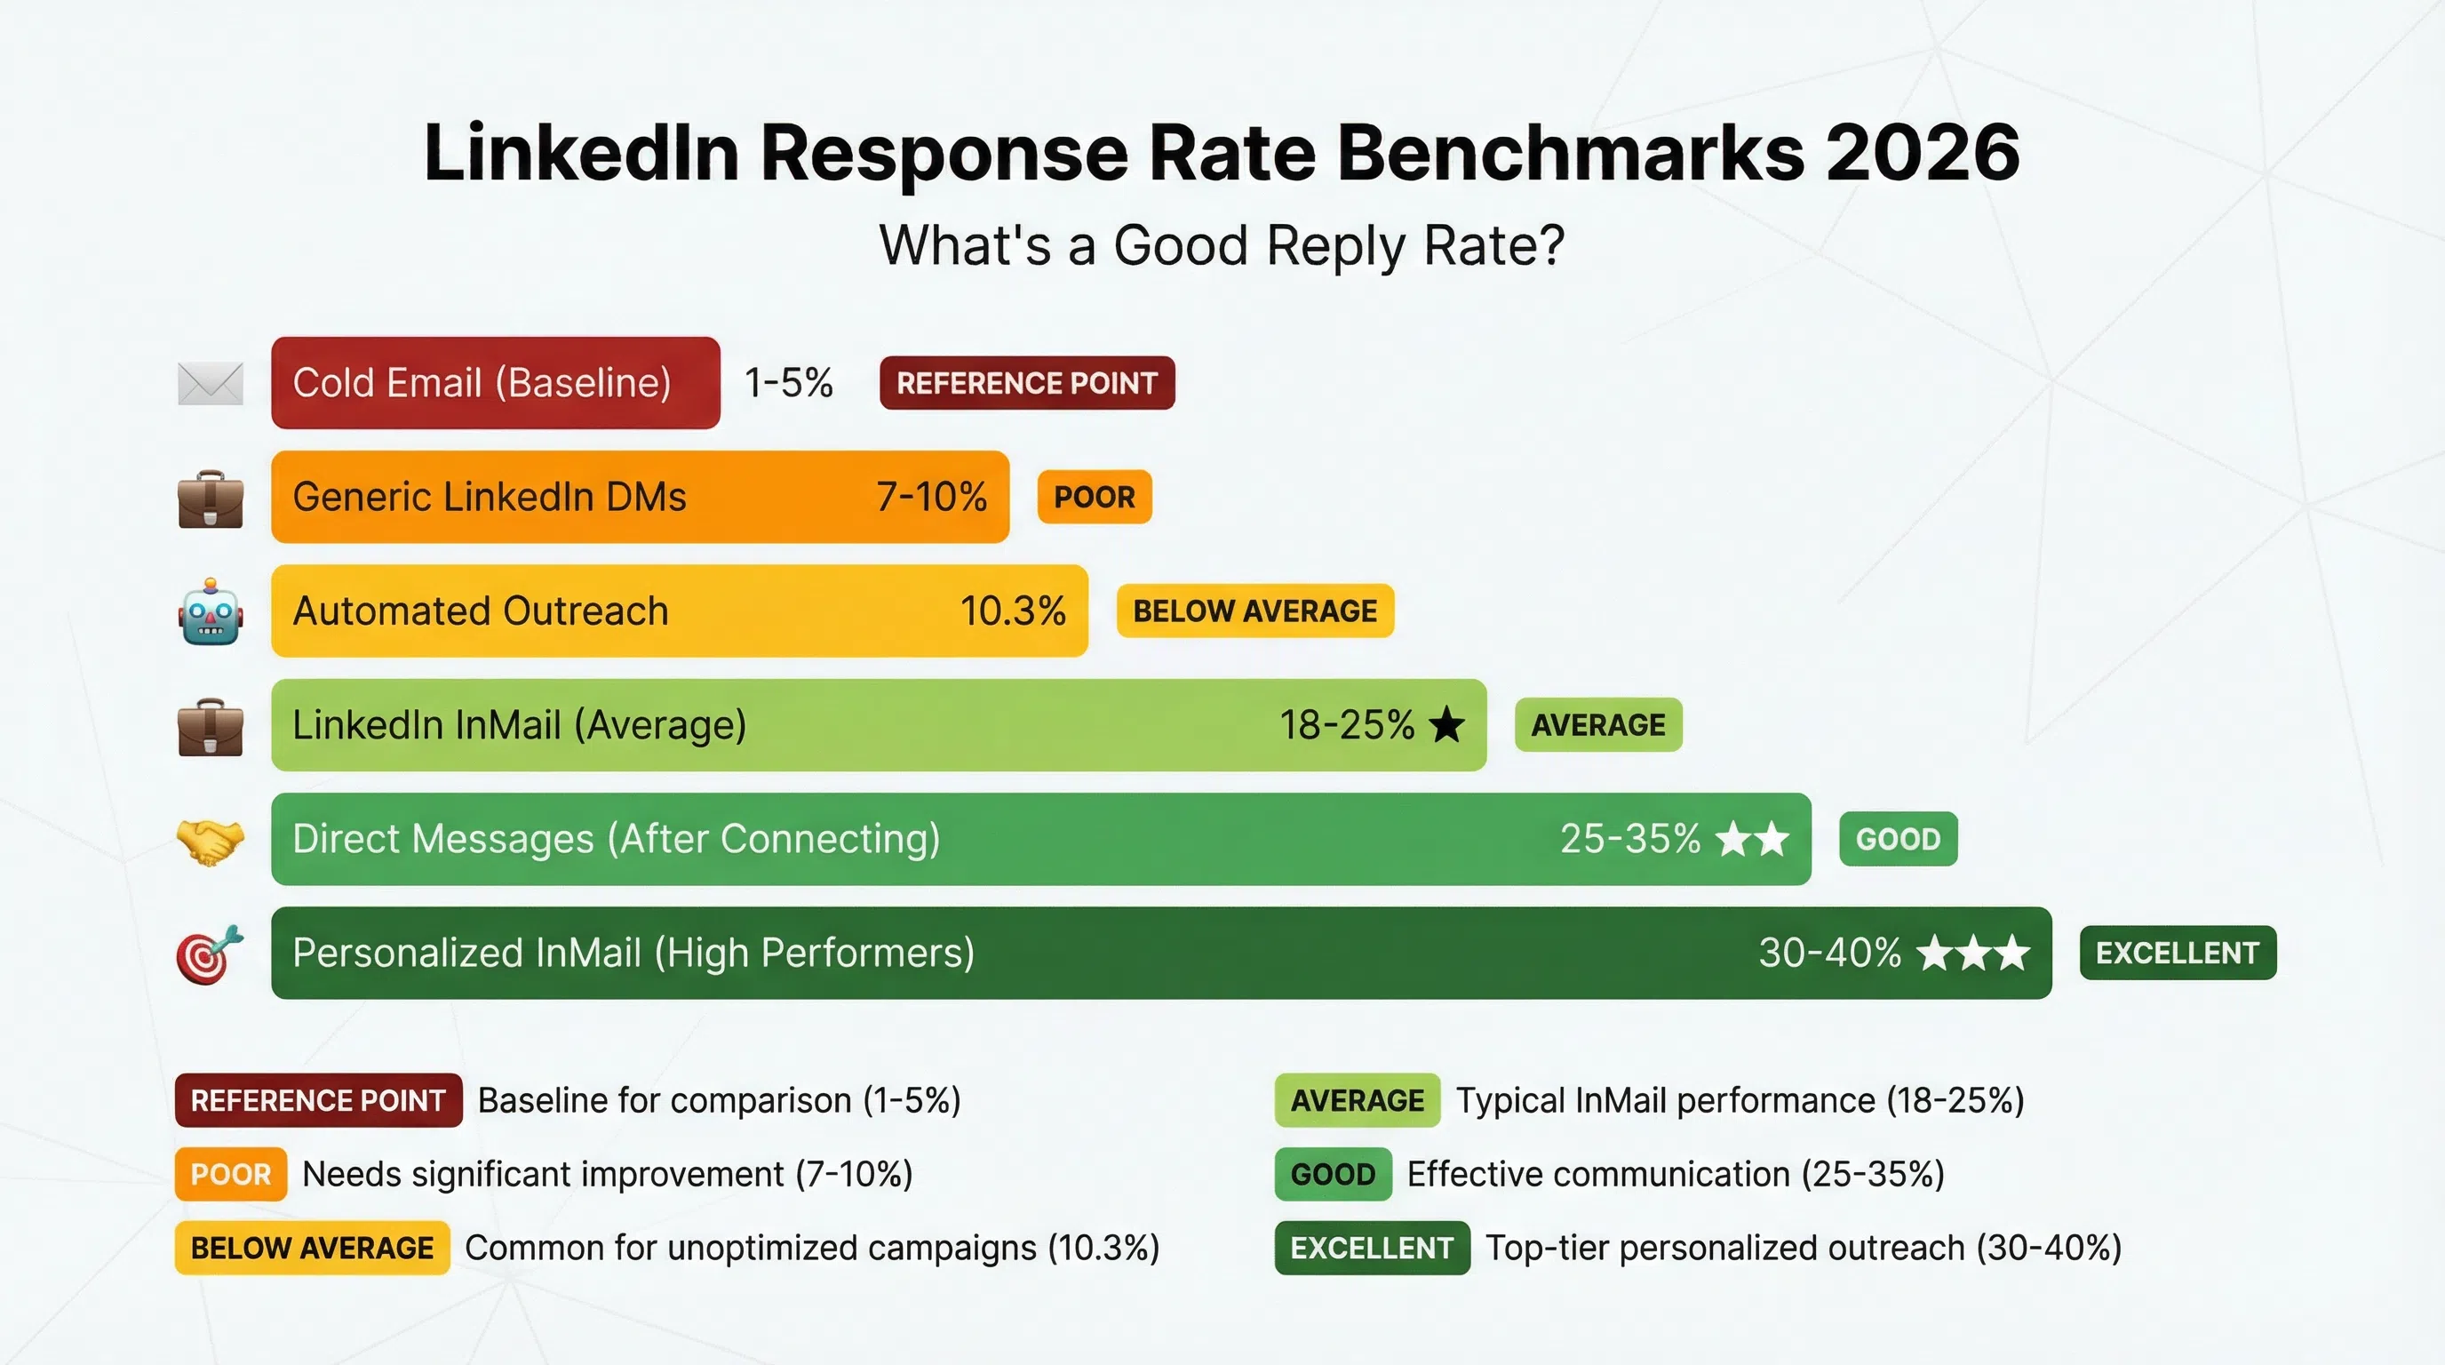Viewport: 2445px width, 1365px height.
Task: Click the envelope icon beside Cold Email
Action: pos(211,384)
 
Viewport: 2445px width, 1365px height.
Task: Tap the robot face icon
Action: pos(211,612)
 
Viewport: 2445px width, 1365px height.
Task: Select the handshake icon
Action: pos(211,840)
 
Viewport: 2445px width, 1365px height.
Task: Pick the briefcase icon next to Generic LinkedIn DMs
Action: pos(211,499)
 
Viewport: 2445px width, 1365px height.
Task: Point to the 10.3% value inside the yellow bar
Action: pos(1013,611)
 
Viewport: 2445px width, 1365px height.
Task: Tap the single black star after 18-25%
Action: pos(1446,725)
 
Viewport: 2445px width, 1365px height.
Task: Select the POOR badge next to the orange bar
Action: pos(1095,498)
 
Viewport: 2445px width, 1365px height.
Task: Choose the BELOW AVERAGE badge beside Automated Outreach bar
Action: pos(1254,611)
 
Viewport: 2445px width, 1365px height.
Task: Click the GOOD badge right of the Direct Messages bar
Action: pos(1898,839)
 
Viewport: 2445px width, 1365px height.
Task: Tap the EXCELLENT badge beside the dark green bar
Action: pos(2178,953)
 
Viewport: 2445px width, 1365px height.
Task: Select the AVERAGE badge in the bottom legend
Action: pos(1357,1100)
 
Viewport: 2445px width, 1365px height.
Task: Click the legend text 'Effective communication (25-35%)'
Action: pos(1676,1174)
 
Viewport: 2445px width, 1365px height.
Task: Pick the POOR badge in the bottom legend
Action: pos(231,1174)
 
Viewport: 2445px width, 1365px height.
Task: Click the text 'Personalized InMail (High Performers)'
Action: pos(633,953)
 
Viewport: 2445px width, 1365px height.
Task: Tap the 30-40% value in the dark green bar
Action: pos(1829,953)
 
